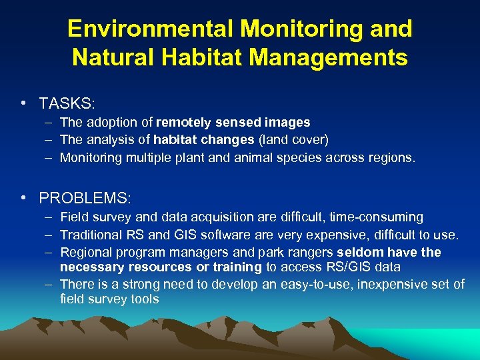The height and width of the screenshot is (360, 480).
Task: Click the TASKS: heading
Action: (67, 104)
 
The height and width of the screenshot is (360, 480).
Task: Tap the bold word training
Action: (237, 267)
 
